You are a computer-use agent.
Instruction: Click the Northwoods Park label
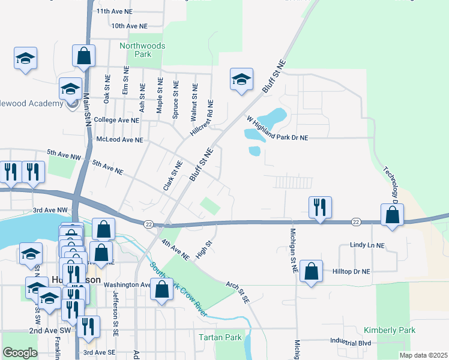(142, 50)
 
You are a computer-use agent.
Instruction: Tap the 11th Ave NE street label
(122, 11)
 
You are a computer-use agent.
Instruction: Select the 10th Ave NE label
(129, 26)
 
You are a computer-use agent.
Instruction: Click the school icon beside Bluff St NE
(241, 79)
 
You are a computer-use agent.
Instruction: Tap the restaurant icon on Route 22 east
(320, 208)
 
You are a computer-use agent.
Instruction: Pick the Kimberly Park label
(389, 331)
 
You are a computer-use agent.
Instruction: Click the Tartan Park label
(220, 338)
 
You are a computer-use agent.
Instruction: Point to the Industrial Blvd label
(350, 343)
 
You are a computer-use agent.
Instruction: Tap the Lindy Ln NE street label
(367, 246)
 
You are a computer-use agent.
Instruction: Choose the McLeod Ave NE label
(119, 140)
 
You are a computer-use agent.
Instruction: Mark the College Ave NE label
(116, 120)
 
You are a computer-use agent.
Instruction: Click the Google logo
(20, 353)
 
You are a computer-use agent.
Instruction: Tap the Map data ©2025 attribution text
(423, 355)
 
